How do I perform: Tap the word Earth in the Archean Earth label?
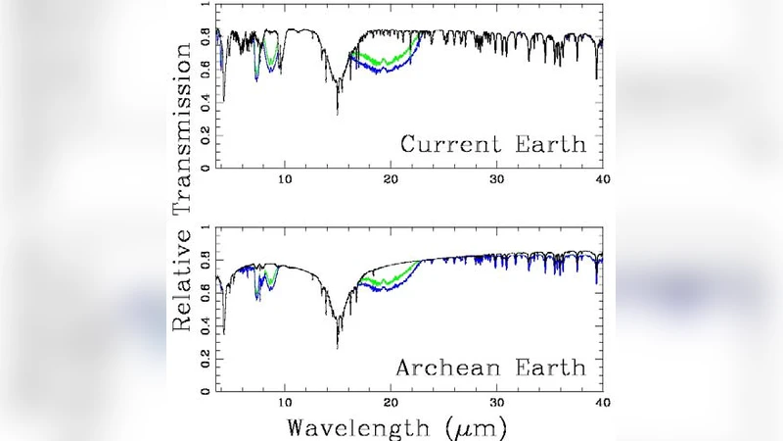552,368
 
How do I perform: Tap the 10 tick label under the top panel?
285,179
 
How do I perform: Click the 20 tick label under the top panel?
391,179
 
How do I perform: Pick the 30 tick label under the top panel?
497,179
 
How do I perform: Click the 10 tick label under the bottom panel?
285,402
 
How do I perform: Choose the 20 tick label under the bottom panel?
391,402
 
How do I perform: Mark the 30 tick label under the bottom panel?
497,402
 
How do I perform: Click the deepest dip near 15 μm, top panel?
338,112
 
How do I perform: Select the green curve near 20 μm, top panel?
390,61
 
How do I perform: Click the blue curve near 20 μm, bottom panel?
390,291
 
